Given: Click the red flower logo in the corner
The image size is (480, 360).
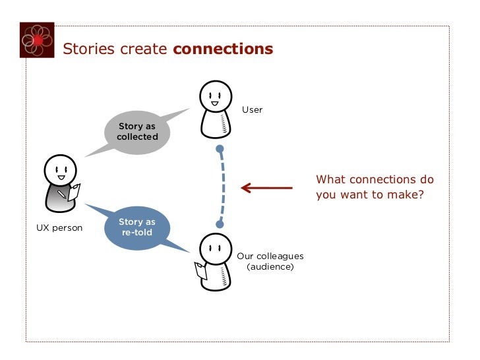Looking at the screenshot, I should (37, 40).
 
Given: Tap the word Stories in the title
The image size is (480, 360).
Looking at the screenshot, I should (88, 49).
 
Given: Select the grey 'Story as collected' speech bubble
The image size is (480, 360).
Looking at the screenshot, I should (138, 131).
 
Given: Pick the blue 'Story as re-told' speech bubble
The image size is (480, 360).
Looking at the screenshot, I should (137, 227).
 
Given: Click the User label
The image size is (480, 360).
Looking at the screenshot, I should (252, 109).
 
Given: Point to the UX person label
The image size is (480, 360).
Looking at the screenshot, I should (59, 228).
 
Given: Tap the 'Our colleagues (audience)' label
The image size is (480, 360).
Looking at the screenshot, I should (270, 261).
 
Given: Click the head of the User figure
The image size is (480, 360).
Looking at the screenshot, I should (215, 98).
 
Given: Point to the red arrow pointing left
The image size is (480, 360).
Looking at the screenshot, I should (266, 188).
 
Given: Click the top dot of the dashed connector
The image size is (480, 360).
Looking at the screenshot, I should (220, 149).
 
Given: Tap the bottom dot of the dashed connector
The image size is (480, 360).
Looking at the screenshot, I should (220, 224).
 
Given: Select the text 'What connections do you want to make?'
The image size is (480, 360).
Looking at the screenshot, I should (375, 187).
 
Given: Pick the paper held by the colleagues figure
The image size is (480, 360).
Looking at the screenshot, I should (200, 270).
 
